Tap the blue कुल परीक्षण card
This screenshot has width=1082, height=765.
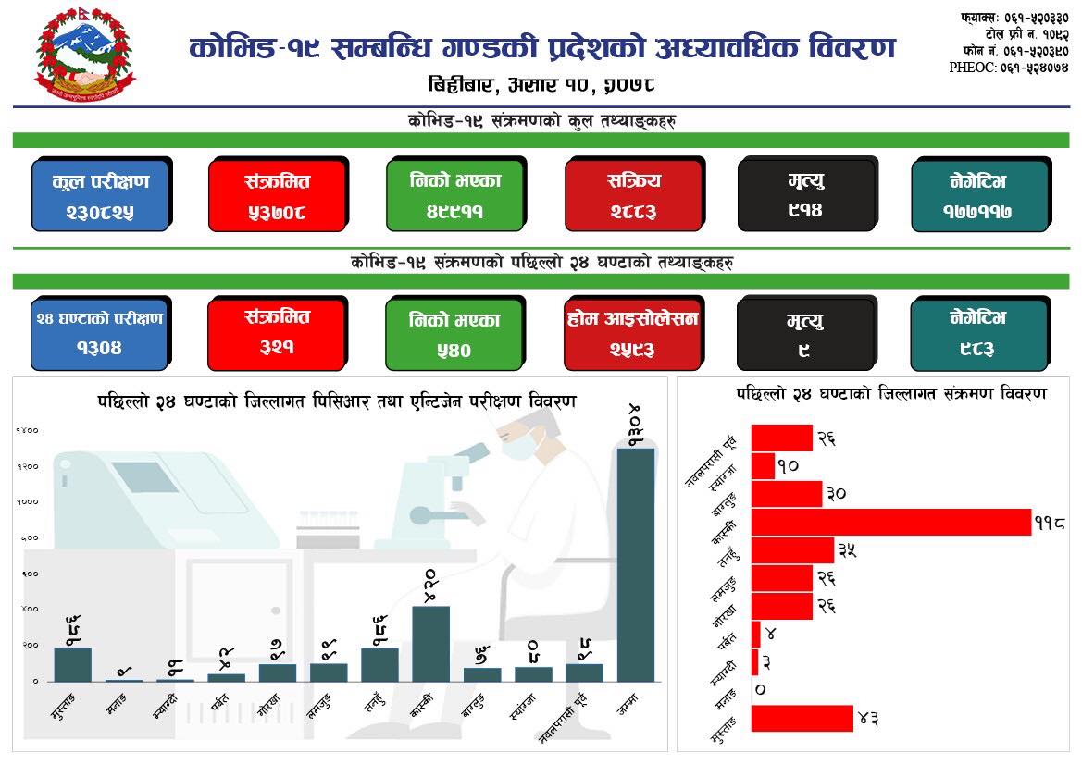pyautogui.click(x=100, y=195)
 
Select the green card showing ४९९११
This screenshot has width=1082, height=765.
pyautogui.click(x=455, y=195)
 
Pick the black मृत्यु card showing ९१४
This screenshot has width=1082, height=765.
pyautogui.click(x=807, y=195)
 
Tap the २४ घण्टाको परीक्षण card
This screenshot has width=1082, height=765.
pyautogui.click(x=100, y=333)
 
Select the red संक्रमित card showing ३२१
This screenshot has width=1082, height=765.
pyautogui.click(x=278, y=333)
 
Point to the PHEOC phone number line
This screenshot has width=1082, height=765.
pyautogui.click(x=1009, y=68)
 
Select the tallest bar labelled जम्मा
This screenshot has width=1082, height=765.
pyautogui.click(x=636, y=564)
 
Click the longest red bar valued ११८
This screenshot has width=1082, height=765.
pyautogui.click(x=890, y=522)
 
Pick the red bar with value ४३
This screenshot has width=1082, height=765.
pyautogui.click(x=802, y=719)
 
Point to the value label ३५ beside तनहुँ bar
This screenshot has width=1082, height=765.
pyautogui.click(x=847, y=550)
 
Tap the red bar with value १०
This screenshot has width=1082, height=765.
pyautogui.click(x=763, y=466)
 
